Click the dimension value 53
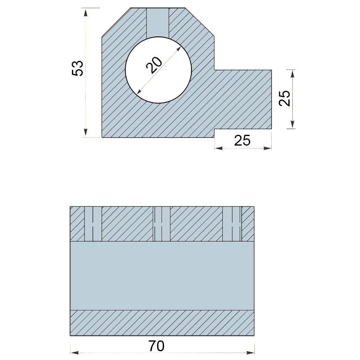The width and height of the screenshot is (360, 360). [77, 68]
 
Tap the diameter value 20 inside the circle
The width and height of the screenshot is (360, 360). [154, 65]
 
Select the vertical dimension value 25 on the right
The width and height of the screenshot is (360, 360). [284, 98]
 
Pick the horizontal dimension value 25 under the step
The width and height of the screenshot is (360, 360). [242, 140]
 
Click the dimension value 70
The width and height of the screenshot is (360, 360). [156, 346]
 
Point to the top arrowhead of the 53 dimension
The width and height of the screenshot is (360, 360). [86, 13]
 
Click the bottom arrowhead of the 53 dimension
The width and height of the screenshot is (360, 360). [86, 132]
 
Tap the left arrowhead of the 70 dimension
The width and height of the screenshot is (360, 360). [75, 352]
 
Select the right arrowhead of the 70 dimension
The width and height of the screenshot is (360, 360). [250, 352]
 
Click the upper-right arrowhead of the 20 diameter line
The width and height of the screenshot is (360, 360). [178, 49]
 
